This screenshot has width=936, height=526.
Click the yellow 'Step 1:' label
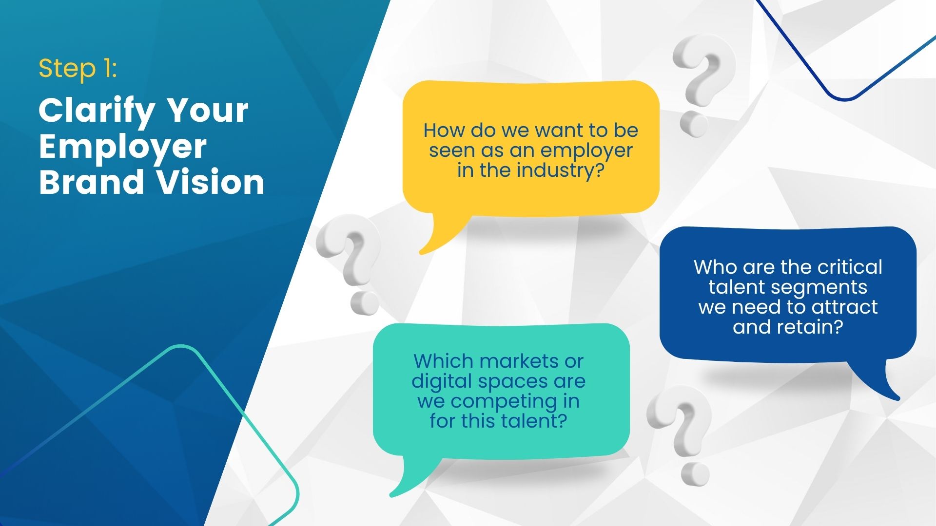point(78,69)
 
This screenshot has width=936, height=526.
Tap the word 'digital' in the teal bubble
point(442,382)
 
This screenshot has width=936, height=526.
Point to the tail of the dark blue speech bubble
point(897,398)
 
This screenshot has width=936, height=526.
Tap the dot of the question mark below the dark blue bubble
point(694,474)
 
